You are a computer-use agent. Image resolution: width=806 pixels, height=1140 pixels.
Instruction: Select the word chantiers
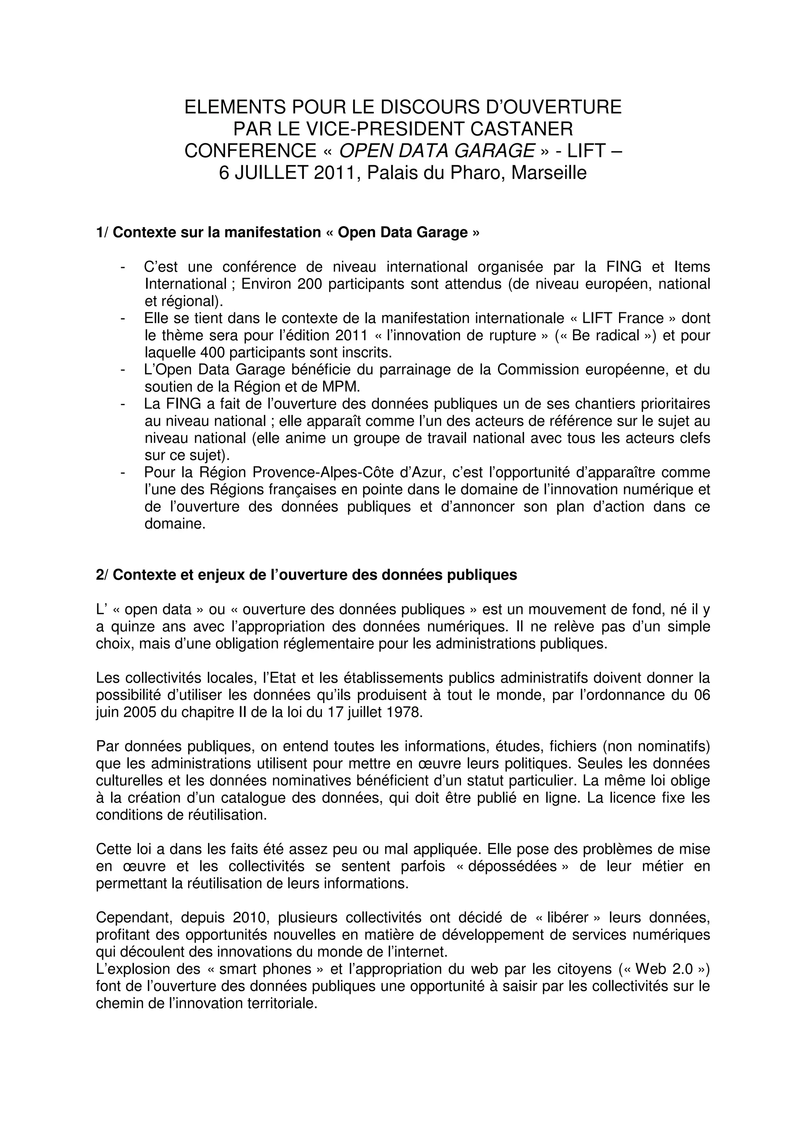click(599, 404)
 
